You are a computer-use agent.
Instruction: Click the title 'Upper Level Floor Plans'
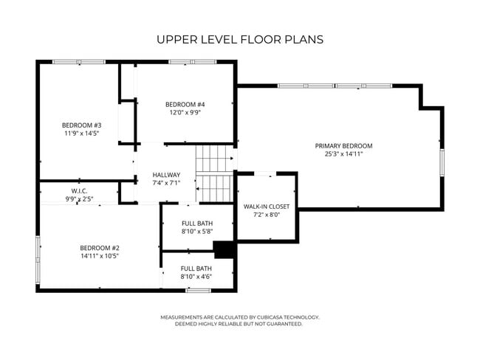pyautogui.click(x=240, y=39)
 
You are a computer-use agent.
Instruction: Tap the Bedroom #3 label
pyautogui.click(x=81, y=125)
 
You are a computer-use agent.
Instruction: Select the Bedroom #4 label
pyautogui.click(x=185, y=104)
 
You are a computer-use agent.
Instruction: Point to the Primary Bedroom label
pyautogui.click(x=343, y=146)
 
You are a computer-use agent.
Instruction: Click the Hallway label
pyautogui.click(x=166, y=175)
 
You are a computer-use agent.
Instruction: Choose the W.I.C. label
pyautogui.click(x=79, y=191)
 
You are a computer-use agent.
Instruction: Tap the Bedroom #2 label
pyautogui.click(x=100, y=248)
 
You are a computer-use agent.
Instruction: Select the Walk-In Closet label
pyautogui.click(x=267, y=207)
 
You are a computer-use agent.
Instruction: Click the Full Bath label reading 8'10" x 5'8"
pyautogui.click(x=196, y=224)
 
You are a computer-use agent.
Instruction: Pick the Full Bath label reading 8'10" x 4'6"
pyautogui.click(x=196, y=269)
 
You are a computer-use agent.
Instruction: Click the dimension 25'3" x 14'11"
pyautogui.click(x=343, y=154)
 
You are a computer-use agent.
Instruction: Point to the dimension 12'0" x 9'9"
pyautogui.click(x=185, y=113)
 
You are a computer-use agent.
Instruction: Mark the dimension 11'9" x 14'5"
pyautogui.click(x=81, y=134)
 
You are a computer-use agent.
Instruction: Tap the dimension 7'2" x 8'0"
pyautogui.click(x=267, y=215)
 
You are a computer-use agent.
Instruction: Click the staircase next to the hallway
pyautogui.click(x=214, y=173)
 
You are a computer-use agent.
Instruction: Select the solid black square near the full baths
pyautogui.click(x=224, y=249)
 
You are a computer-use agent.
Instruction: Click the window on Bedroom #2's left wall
pyautogui.click(x=38, y=262)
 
